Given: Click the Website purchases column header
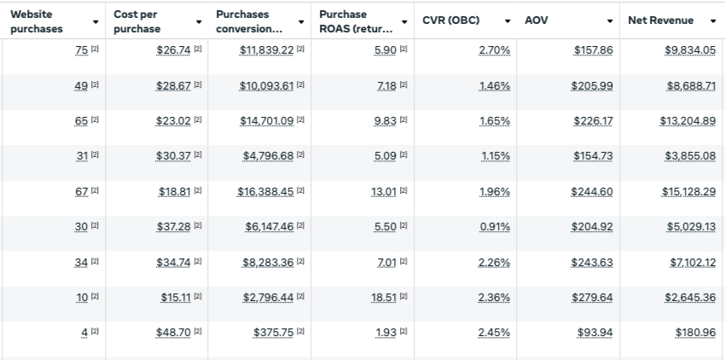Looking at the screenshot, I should click(x=37, y=21).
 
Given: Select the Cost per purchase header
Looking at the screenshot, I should click(x=136, y=21).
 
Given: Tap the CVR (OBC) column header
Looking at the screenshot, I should click(x=450, y=20).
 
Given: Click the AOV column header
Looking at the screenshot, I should click(x=536, y=20).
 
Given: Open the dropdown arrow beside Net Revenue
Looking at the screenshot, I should click(x=712, y=20).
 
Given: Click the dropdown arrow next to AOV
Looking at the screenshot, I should click(x=610, y=20).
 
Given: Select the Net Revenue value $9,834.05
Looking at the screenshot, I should click(x=690, y=50).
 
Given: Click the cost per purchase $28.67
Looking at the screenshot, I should click(x=174, y=86).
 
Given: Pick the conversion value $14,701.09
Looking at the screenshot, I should click(x=265, y=121).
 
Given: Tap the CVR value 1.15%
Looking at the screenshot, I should click(x=494, y=156).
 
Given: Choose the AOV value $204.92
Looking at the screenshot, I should click(x=591, y=227).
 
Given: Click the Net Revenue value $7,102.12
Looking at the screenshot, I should click(x=690, y=262).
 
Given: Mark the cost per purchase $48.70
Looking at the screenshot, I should click(x=174, y=332).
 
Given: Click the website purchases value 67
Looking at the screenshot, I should click(x=82, y=191).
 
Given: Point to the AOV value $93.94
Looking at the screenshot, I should click(x=594, y=332).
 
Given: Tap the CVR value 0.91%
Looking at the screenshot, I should click(x=494, y=227).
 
